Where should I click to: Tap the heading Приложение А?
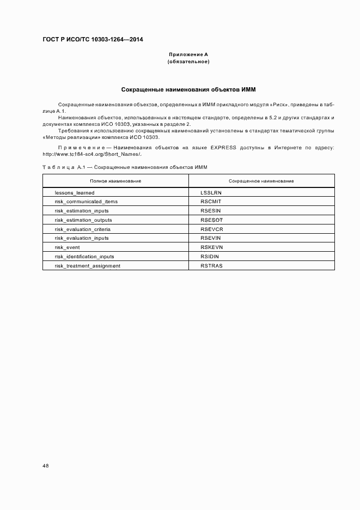(x=188, y=54)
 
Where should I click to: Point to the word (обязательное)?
(x=188, y=62)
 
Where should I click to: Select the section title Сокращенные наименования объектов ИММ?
(x=188, y=89)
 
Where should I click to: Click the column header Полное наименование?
(x=115, y=180)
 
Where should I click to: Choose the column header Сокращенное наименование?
(x=261, y=180)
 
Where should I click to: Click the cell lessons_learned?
(x=75, y=193)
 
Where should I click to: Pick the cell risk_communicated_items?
(x=86, y=202)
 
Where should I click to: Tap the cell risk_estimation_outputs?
(x=83, y=220)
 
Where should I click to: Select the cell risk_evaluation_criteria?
(x=83, y=229)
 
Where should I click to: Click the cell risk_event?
(x=67, y=247)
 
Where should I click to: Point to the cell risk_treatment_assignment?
(x=88, y=266)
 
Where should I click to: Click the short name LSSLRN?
(x=211, y=193)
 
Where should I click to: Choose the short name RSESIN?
(x=211, y=211)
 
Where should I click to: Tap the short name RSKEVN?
(x=212, y=247)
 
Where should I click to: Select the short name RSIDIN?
(x=210, y=257)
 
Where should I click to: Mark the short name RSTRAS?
(x=211, y=266)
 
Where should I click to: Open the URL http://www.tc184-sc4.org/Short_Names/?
(x=92, y=154)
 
